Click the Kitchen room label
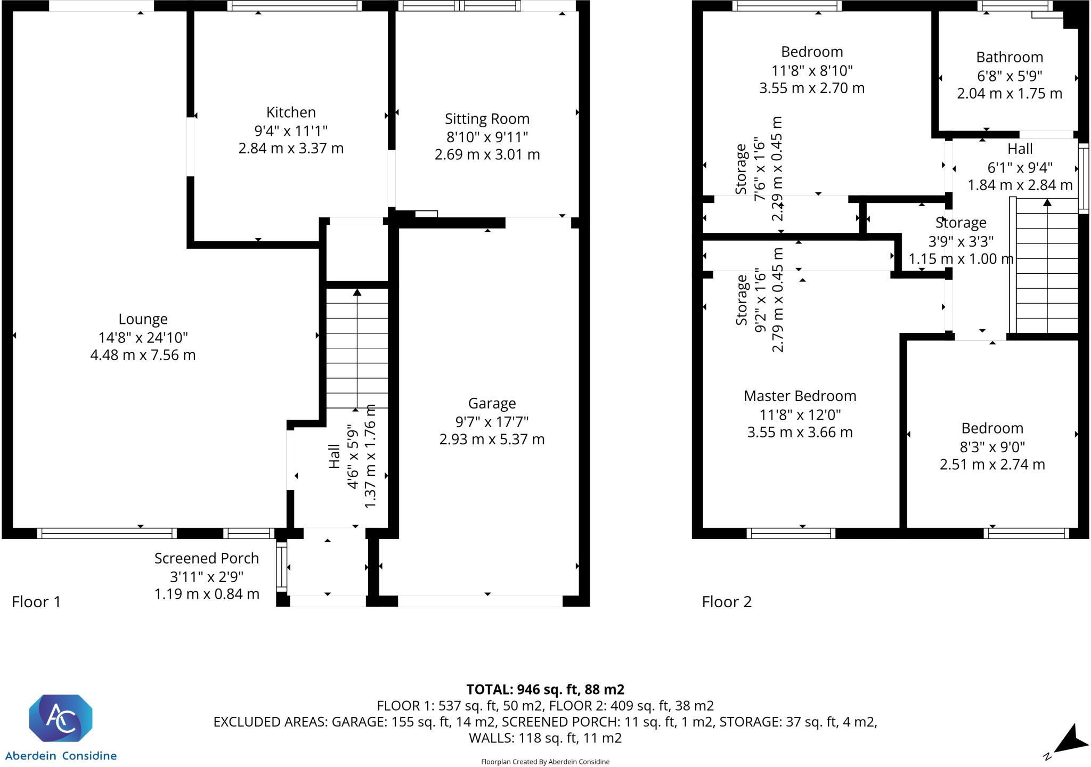(x=291, y=112)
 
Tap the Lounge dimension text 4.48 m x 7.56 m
(x=143, y=355)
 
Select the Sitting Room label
(x=487, y=119)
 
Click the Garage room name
(x=492, y=404)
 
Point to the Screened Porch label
(x=207, y=558)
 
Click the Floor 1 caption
(x=36, y=602)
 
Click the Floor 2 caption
(x=727, y=602)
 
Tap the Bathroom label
(x=1009, y=57)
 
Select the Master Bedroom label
(x=800, y=396)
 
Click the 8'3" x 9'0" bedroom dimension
(x=992, y=446)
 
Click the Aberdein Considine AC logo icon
(x=60, y=718)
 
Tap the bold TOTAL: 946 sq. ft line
(x=545, y=689)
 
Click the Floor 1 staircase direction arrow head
(x=357, y=292)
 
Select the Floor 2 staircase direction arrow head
(x=1047, y=202)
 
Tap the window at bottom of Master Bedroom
(x=791, y=533)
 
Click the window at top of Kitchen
(x=295, y=6)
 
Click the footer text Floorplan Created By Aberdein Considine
(x=545, y=762)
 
